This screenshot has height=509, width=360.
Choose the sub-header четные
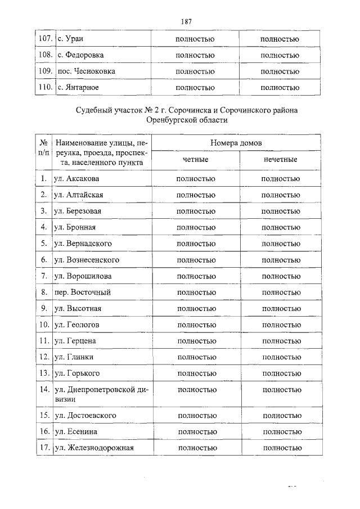pyautogui.click(x=195, y=160)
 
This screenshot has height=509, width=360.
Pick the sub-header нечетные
pyautogui.click(x=280, y=160)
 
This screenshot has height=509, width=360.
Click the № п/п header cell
pyautogui.click(x=44, y=152)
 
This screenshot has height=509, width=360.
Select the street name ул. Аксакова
pyautogui.click(x=76, y=179)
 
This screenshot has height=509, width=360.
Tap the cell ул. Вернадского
pyautogui.click(x=83, y=244)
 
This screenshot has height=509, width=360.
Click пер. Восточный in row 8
pyautogui.click(x=82, y=292)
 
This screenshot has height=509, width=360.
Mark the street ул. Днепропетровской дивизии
pyautogui.click(x=101, y=394)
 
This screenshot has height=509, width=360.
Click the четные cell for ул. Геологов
pyautogui.click(x=196, y=325)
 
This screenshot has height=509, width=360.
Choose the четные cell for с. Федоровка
pyautogui.click(x=195, y=55)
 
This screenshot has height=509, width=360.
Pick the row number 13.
pyautogui.click(x=43, y=373)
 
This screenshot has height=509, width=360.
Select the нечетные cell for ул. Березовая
pyautogui.click(x=281, y=211)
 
